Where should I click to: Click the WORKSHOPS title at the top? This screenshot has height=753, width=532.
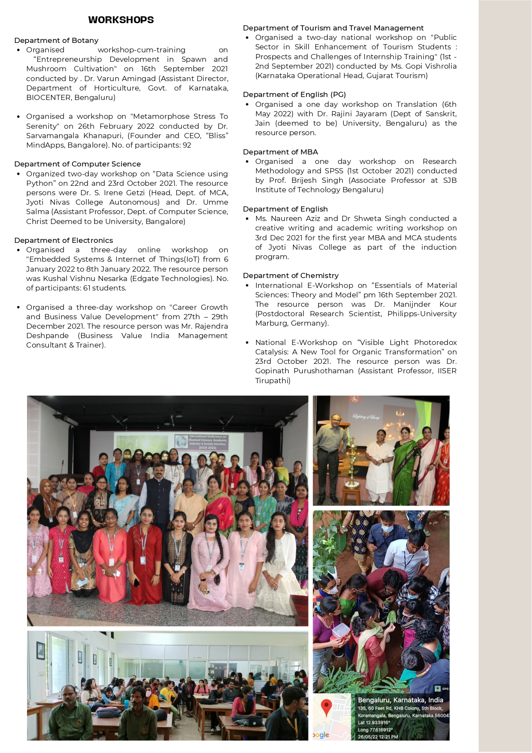[121, 20]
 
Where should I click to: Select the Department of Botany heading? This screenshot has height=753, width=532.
[56, 40]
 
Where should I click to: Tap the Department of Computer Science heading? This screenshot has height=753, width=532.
[77, 164]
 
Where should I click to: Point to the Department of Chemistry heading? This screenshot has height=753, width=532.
[290, 275]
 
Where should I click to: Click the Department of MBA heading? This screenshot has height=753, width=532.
[280, 152]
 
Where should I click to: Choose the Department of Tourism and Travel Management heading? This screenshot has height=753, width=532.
[333, 28]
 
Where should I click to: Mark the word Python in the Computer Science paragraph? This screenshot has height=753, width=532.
[41, 183]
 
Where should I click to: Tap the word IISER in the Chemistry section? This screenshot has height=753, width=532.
[447, 371]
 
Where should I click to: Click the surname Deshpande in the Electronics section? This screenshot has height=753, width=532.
[47, 336]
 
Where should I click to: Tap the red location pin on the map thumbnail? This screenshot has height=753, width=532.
[326, 706]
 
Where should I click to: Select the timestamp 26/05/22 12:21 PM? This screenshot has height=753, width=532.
[378, 737]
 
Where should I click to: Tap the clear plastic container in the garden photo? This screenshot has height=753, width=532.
[340, 630]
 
